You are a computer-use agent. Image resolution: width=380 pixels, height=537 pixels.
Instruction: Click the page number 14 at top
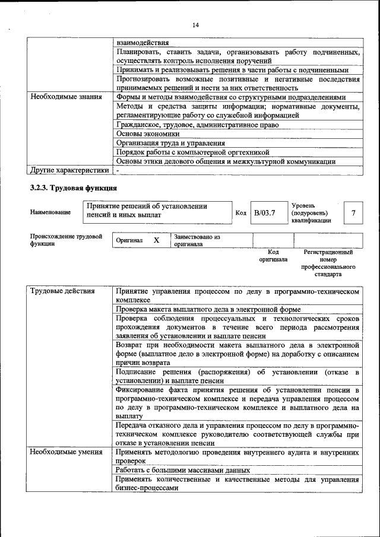coord(196,24)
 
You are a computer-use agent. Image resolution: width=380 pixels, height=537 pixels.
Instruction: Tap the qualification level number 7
coord(354,212)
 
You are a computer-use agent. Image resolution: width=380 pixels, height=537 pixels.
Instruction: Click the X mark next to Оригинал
coord(156,241)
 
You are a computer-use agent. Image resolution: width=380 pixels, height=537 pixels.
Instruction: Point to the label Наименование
coord(50,212)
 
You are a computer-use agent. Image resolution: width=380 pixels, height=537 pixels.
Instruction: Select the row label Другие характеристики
coord(69,170)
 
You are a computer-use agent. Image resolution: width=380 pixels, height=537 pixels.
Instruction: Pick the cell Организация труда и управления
coord(170,143)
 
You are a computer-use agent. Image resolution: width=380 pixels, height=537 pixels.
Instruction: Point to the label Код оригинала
coord(273,255)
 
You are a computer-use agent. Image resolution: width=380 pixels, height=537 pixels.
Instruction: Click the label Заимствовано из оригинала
coord(197,240)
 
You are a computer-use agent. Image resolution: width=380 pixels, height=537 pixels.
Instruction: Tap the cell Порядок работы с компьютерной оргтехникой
coord(193,152)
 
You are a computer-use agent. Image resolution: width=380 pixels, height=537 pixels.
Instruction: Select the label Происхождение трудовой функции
coord(65,240)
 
